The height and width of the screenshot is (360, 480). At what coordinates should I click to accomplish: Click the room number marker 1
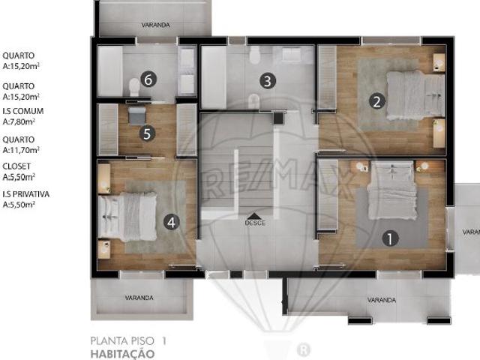pyautogui.click(x=389, y=239)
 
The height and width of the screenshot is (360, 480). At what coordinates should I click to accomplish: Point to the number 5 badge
pyautogui.click(x=147, y=134)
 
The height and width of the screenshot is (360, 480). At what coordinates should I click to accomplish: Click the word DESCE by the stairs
pyautogui.click(x=255, y=223)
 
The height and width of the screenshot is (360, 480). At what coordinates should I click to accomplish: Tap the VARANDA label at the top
pyautogui.click(x=156, y=25)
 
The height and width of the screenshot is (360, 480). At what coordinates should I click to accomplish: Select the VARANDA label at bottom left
pyautogui.click(x=139, y=298)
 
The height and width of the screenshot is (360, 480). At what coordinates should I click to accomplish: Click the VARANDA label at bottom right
pyautogui.click(x=381, y=300)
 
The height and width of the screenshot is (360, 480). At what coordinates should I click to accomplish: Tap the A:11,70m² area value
pyautogui.click(x=20, y=149)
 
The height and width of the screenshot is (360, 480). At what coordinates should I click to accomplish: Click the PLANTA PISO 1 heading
pyautogui.click(x=127, y=340)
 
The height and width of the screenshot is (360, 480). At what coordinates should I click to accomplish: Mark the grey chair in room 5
pyautogui.click(x=136, y=115)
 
